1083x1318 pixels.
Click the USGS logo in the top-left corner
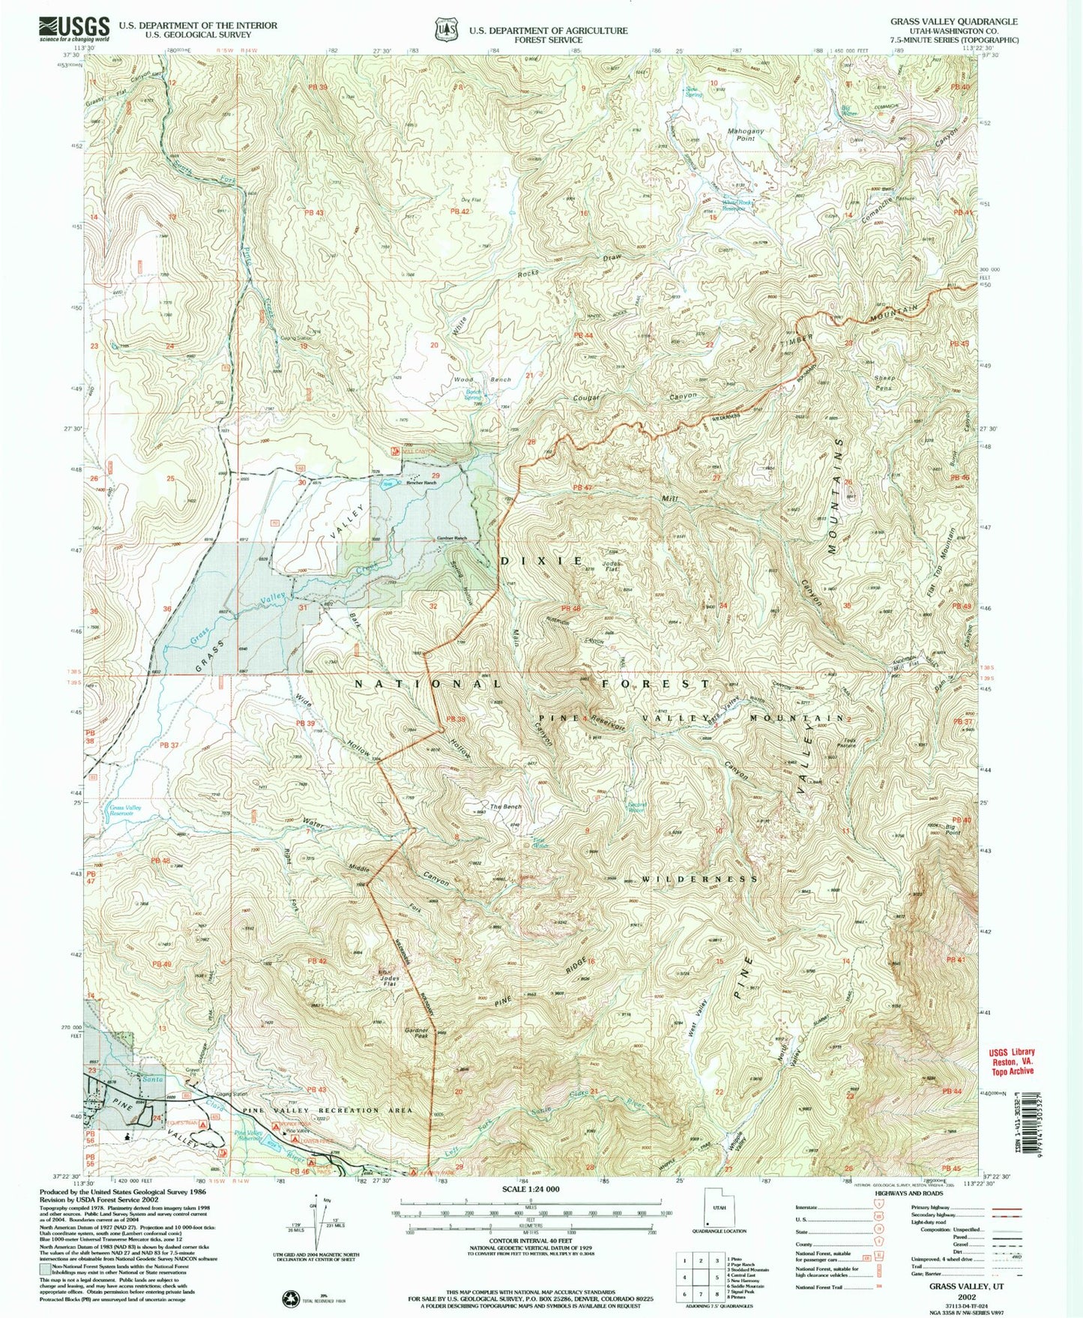point(74,28)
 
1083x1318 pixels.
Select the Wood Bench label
point(482,380)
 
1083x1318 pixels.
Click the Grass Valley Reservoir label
point(125,810)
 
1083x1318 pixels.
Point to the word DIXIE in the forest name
point(541,561)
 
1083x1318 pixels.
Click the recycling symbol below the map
point(289,1297)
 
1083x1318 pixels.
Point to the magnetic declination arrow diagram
point(319,1218)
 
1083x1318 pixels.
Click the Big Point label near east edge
point(954,829)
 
